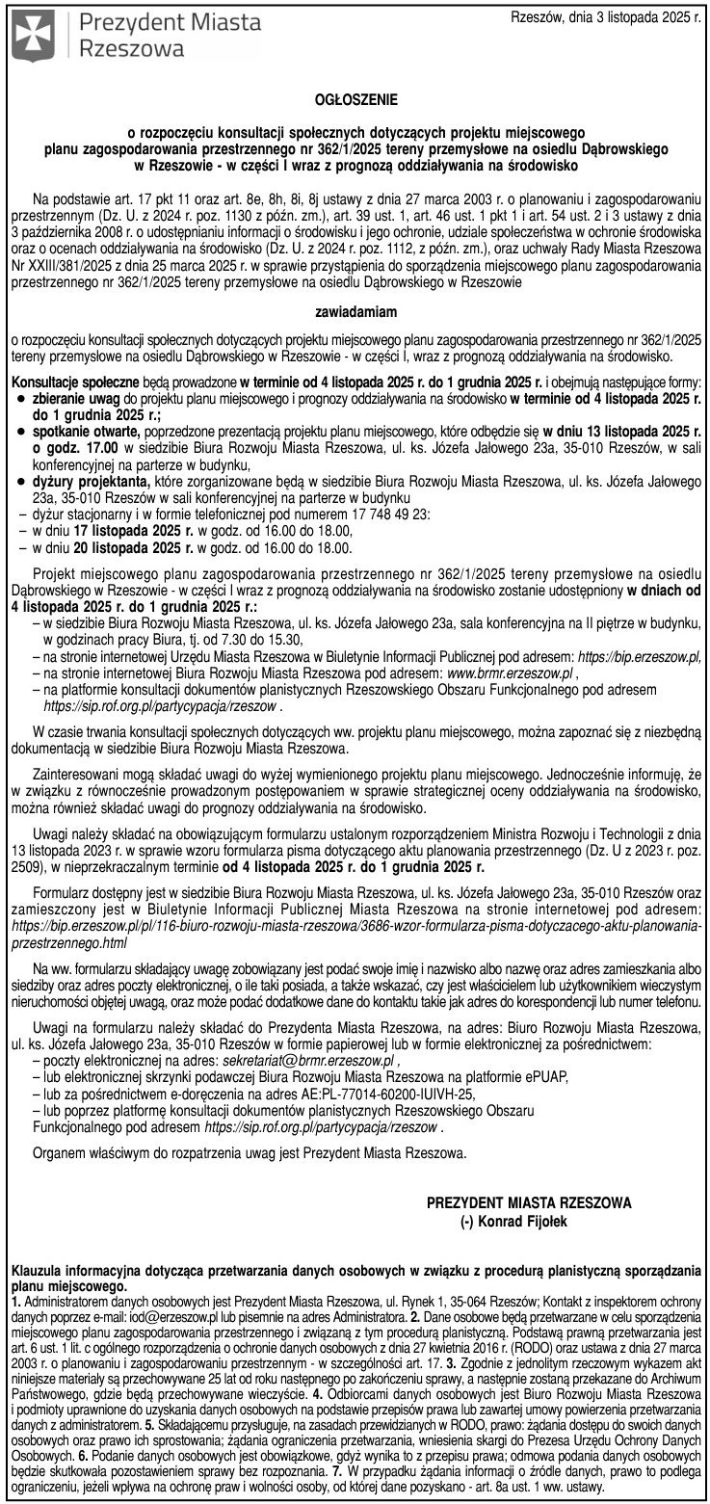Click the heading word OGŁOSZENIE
point(355,98)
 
